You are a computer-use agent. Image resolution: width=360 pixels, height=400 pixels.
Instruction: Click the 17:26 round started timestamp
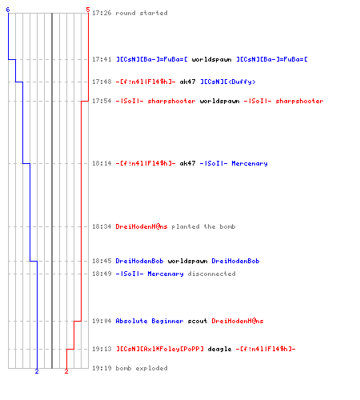pos(102,13)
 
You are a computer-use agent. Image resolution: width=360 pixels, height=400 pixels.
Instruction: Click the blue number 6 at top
pos(8,10)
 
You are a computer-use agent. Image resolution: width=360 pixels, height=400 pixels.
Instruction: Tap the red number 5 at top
pos(88,10)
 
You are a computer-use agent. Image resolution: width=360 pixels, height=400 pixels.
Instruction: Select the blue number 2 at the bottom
pos(37,371)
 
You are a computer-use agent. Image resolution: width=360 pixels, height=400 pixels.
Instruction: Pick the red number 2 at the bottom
pos(66,371)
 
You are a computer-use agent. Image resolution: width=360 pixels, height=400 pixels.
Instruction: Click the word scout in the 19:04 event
pos(198,321)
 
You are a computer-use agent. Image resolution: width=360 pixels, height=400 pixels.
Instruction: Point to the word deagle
pos(219,349)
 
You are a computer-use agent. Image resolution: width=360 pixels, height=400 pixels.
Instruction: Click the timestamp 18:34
pos(102,226)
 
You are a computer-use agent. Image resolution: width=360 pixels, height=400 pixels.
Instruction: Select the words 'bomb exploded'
pos(142,368)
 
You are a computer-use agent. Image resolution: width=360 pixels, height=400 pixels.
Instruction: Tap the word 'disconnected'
pos(211,274)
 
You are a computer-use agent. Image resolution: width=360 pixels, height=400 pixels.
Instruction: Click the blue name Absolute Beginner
pos(150,321)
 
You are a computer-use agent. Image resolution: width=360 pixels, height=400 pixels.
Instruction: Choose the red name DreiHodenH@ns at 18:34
pos(142,226)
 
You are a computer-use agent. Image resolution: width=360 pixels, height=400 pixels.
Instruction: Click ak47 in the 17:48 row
pos(187,82)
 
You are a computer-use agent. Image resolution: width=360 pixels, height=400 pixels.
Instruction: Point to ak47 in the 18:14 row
pos(187,163)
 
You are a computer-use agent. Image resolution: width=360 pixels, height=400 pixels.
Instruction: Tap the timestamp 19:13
pos(102,349)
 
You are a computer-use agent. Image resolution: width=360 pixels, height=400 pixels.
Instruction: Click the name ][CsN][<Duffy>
pos(228,82)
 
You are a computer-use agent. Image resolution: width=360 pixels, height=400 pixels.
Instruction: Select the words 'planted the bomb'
pos(203,226)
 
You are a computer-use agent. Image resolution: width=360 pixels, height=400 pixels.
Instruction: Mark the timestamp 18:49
pos(102,274)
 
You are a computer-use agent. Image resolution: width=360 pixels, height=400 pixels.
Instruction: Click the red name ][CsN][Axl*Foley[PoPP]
pos(160,349)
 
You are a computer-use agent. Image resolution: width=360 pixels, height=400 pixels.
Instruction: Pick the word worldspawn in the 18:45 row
pos(187,261)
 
